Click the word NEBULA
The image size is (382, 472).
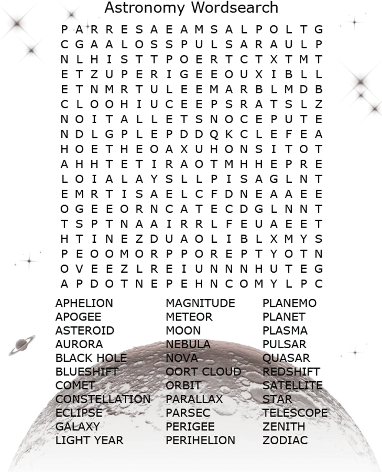pyautogui.click(x=188, y=345)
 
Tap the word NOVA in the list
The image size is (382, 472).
pyautogui.click(x=182, y=358)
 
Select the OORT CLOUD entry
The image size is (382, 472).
pyautogui.click(x=203, y=372)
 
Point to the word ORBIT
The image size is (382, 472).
pyautogui.click(x=183, y=385)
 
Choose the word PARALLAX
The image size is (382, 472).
pyautogui.click(x=194, y=399)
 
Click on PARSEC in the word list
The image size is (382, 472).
pyautogui.click(x=188, y=413)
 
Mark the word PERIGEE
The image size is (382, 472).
pyautogui.click(x=190, y=426)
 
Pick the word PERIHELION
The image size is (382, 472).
pyautogui.click(x=200, y=440)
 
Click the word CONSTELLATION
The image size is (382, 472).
pyautogui.click(x=103, y=399)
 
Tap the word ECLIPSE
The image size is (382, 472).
pyautogui.click(x=79, y=413)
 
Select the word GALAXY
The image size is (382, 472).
pyautogui.click(x=78, y=426)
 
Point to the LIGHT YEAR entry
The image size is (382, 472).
pyautogui.click(x=90, y=440)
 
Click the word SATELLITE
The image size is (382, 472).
pyautogui.click(x=292, y=385)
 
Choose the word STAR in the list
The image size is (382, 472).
pyautogui.click(x=277, y=399)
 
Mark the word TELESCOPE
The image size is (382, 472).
pyautogui.click(x=295, y=413)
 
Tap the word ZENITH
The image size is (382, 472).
pyautogui.click(x=284, y=426)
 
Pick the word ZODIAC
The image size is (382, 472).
pyautogui.click(x=285, y=440)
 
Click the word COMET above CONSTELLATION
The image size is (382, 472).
pyautogui.click(x=77, y=385)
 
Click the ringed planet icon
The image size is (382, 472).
pyautogui.click(x=23, y=345)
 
